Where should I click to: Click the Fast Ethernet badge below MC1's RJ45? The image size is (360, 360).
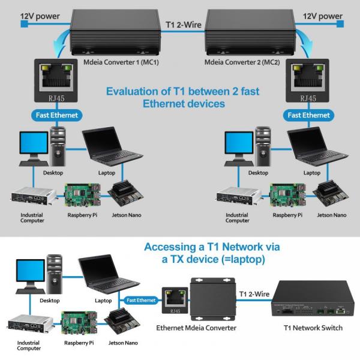[55, 115]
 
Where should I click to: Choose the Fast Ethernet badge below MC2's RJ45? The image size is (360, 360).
[308, 115]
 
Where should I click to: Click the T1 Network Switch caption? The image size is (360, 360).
[313, 328]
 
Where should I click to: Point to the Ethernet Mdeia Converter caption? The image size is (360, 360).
[196, 328]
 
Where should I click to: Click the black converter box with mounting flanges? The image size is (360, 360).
[212, 298]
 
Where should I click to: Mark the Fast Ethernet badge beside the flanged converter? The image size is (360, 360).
[142, 299]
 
